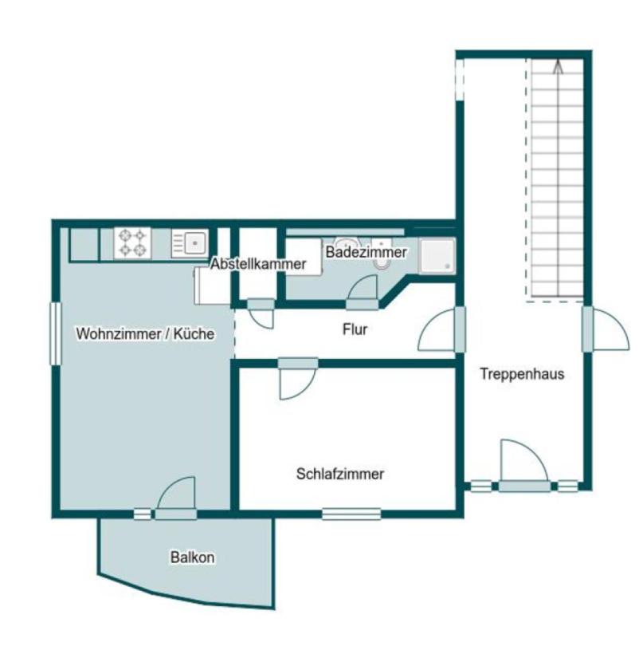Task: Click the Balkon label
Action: click(192, 558)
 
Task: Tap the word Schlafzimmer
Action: click(340, 474)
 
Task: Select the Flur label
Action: click(355, 329)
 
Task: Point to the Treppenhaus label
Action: click(522, 374)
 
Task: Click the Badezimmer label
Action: click(366, 253)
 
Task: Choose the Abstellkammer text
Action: click(258, 264)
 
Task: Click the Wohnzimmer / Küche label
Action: click(145, 334)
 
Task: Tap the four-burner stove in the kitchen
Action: click(132, 243)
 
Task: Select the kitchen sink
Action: click(190, 243)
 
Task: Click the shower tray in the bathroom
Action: click(437, 256)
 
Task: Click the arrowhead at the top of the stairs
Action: click(559, 67)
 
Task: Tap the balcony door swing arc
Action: click(176, 494)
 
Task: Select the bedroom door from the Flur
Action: click(298, 379)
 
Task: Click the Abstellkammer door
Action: click(261, 313)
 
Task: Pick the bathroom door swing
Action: click(363, 292)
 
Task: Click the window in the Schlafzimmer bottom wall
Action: click(351, 514)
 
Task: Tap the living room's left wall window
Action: click(56, 333)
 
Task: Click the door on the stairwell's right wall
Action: click(606, 329)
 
